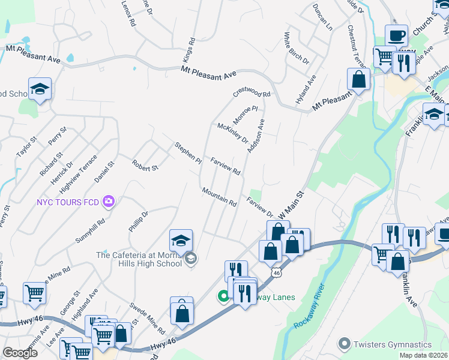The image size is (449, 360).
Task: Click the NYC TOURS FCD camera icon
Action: click(109, 202)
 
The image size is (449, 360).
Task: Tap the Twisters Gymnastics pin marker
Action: click(344, 344)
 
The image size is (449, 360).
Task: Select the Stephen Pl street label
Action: click(188, 153)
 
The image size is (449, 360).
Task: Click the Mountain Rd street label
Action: click(219, 196)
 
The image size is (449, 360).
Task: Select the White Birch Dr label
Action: click(297, 49)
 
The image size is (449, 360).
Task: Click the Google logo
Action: click(20, 352)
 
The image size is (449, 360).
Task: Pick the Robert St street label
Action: click(145, 164)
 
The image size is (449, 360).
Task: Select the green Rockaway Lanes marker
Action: click(223, 295)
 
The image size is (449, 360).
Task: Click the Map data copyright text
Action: click(423, 355)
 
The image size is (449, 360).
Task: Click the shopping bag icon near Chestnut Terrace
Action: click(358, 79)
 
